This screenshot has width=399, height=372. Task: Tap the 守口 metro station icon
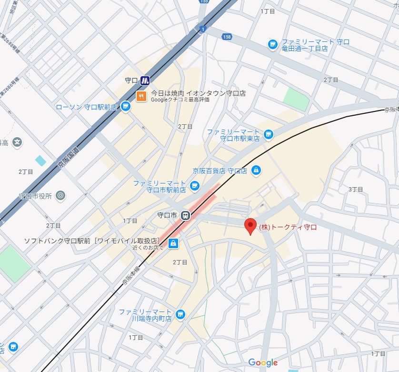145,81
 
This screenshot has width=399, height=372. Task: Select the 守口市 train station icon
185,215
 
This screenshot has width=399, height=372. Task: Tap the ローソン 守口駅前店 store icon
126,106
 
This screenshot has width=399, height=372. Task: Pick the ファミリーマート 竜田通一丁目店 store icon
272,45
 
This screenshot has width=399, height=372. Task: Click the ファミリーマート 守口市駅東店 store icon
269,135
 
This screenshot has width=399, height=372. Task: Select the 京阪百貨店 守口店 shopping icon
256,170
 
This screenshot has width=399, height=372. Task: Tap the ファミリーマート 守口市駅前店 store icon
194,186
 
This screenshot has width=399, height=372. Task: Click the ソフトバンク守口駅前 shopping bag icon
173,243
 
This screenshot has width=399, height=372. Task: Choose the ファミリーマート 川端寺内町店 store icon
180,314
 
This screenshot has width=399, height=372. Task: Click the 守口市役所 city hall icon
60,195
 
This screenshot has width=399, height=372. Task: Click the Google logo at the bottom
263,363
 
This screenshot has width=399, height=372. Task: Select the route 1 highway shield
203,29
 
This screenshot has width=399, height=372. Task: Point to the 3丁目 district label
356,189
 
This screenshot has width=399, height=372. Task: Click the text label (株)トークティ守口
288,227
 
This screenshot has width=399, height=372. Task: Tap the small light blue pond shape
40,161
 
